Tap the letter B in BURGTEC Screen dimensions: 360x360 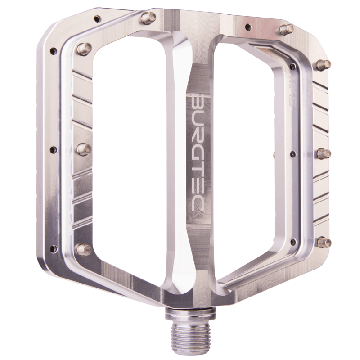[197, 101]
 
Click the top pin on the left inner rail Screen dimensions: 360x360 [84, 48]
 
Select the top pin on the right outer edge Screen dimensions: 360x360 [324, 64]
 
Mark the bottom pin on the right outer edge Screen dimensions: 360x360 [324, 243]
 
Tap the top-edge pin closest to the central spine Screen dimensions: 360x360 [148, 18]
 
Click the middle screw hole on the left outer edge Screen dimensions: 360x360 [54, 150]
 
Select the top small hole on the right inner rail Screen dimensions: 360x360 [292, 67]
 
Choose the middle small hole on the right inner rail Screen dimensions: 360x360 [292, 154]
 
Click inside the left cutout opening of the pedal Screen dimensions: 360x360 [130, 157]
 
